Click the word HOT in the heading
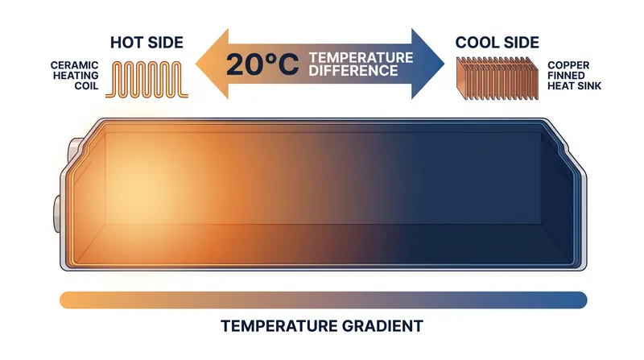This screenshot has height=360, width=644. point(126,43)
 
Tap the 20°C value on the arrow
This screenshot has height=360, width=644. point(262,64)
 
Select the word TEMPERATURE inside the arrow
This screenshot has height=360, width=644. point(361,57)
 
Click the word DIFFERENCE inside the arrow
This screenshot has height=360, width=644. point(353,71)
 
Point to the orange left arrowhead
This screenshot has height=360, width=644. point(212,64)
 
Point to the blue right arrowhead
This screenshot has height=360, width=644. point(427,64)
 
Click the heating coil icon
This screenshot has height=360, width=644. point(147,80)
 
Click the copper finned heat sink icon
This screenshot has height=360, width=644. point(497,78)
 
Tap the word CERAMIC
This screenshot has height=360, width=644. point(75,65)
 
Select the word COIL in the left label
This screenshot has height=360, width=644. point(87,86)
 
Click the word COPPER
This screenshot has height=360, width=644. point(568,65)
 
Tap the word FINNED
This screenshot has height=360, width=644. point(566,76)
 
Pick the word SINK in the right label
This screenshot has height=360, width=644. point(589,86)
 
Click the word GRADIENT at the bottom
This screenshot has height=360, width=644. point(382,326)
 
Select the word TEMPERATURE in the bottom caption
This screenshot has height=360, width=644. point(279,326)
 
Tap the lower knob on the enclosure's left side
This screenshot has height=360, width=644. point(57,213)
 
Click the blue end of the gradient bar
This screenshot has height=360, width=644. point(579,300)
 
